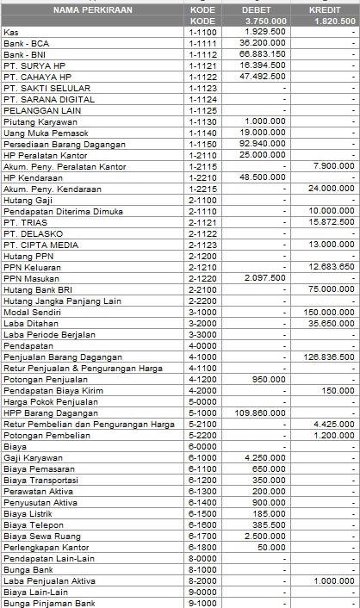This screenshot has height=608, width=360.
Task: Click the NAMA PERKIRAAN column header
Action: coord(90,9)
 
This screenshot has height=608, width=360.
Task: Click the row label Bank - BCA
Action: coord(27,42)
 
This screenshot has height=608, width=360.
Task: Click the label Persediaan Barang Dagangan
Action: coord(64,144)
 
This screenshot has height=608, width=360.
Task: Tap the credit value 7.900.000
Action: coord(332,166)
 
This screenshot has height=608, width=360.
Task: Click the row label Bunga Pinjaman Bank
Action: coord(48,604)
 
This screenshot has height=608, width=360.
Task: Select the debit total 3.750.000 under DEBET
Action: coord(264,21)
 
